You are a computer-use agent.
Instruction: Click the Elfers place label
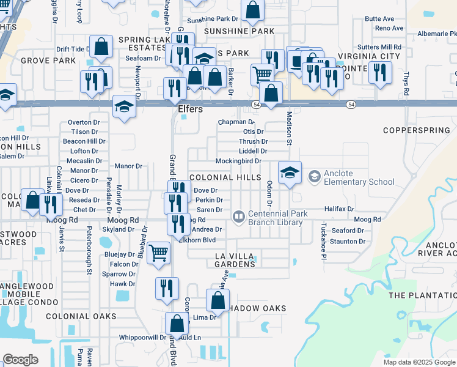point(189,110)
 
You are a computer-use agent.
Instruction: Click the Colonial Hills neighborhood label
point(225,177)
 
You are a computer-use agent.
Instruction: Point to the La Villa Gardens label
point(235,259)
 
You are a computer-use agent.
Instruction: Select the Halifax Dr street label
point(339,209)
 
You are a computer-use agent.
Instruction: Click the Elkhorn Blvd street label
point(197,240)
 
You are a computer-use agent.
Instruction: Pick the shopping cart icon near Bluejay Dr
point(159,251)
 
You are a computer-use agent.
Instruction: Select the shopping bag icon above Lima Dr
point(218,300)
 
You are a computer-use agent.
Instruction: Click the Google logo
point(20,360)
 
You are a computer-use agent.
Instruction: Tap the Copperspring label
point(419,130)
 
